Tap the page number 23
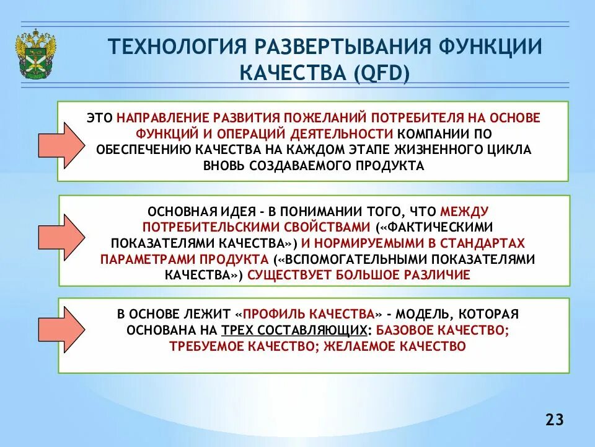tap(555, 420)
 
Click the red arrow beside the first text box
tap(60, 144)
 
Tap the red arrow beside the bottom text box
tap(60, 333)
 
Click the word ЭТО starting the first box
tap(99, 118)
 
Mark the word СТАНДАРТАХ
tap(488, 243)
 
